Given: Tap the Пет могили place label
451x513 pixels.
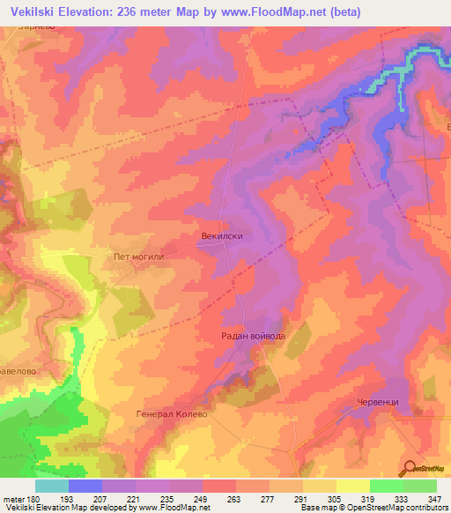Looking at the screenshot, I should tap(139, 257).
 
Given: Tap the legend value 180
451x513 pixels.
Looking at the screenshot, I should tap(32, 499).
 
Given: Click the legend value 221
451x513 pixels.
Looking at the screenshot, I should tap(135, 499).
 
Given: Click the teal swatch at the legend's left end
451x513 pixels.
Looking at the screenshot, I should tap(52, 486).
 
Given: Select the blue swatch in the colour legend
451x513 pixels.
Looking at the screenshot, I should tap(85, 486).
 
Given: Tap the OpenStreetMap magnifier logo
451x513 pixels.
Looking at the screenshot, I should tap(410, 468).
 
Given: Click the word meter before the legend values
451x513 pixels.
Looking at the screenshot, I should tap(12, 499).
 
